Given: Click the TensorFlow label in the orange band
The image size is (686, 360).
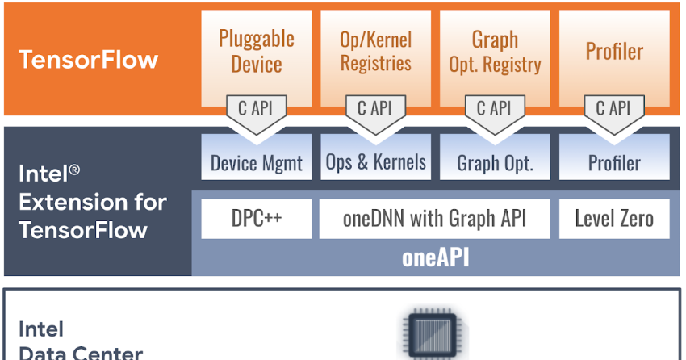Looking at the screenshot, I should [89, 60].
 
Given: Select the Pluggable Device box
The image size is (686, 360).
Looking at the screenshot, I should [257, 51].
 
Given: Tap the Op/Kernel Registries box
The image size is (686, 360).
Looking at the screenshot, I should [375, 51].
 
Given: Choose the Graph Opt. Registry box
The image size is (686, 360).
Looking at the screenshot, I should [495, 51].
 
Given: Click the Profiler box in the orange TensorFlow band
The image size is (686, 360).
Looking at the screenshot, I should [614, 51].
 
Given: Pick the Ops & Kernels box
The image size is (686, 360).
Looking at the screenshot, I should [375, 161].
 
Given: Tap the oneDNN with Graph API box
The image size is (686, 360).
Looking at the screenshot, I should [434, 218].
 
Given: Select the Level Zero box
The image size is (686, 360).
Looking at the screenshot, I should [614, 218].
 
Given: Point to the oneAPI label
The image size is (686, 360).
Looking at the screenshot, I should [435, 258].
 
